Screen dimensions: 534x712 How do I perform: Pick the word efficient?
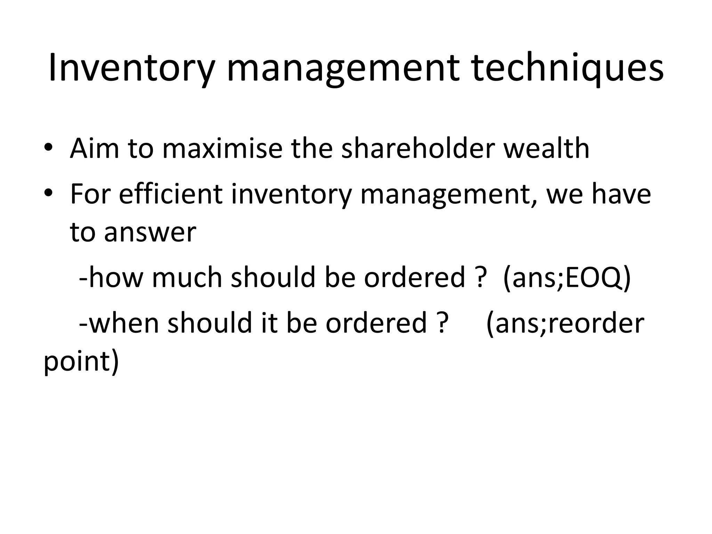coord(170,194)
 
